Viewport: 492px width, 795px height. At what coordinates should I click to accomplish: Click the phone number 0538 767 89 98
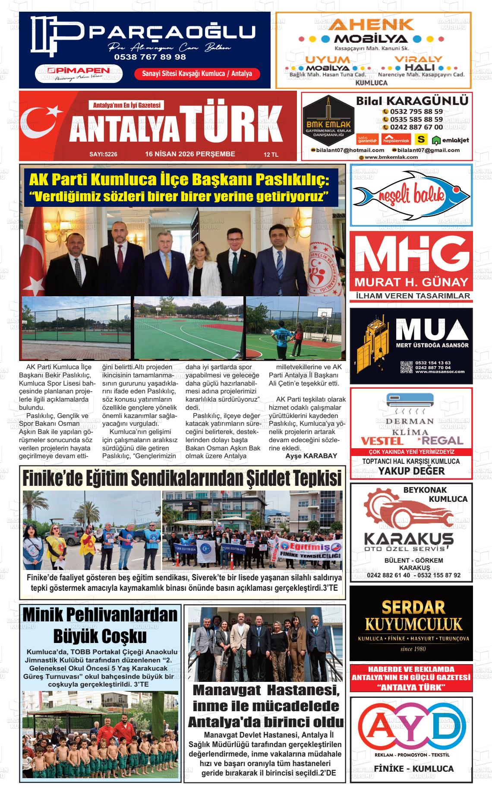[150, 57]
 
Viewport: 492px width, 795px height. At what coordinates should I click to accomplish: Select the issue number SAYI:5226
[103, 154]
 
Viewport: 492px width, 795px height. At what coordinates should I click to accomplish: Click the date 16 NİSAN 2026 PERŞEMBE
[190, 154]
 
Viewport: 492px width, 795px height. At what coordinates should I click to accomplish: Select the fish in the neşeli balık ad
[411, 195]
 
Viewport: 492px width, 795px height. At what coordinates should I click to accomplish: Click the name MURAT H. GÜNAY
[411, 283]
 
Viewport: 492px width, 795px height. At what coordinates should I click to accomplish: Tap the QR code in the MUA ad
[406, 367]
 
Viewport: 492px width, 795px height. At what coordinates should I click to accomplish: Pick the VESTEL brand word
[382, 441]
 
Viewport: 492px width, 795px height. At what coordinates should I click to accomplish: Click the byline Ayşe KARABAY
[311, 456]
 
